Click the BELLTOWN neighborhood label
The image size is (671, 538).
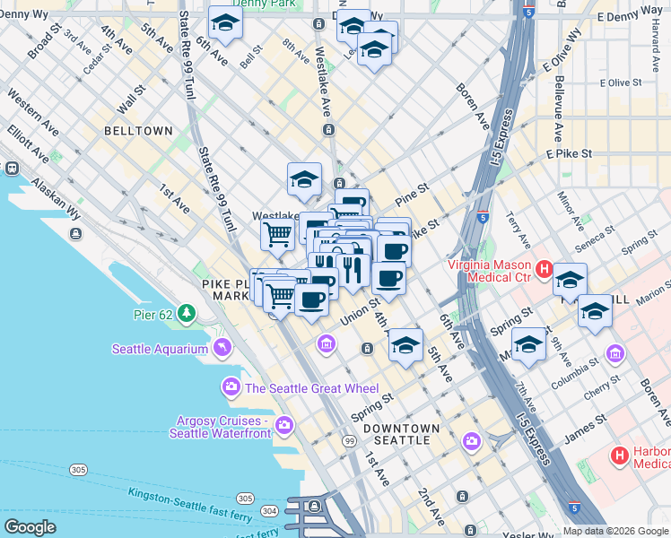(x=138, y=131)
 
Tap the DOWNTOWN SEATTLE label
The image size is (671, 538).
(x=402, y=435)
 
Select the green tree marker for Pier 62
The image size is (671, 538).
(x=186, y=314)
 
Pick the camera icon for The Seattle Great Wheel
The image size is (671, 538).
(x=231, y=387)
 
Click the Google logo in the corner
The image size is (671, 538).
(x=30, y=527)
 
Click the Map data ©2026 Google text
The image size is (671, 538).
(x=615, y=531)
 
